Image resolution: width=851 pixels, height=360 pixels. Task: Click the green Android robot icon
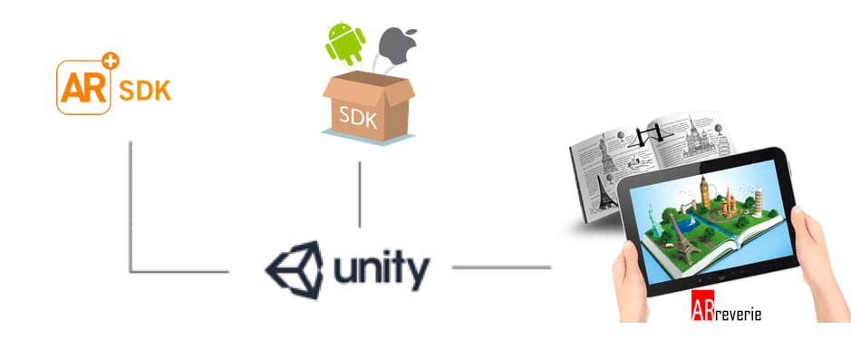pyautogui.click(x=344, y=44)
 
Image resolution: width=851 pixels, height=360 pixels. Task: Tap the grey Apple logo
pyautogui.click(x=398, y=46)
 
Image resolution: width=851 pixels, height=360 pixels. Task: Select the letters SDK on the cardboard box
pyautogui.click(x=358, y=116)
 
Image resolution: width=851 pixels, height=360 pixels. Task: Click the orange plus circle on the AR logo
pyautogui.click(x=111, y=60)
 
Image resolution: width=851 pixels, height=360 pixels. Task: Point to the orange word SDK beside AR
pyautogui.click(x=145, y=91)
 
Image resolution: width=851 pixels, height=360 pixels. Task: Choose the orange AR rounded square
pyautogui.click(x=83, y=87)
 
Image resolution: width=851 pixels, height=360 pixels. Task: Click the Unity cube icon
pyautogui.click(x=294, y=270)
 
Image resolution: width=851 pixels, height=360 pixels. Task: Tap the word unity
pyautogui.click(x=382, y=270)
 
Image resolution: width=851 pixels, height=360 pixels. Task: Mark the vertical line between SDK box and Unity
pyautogui.click(x=359, y=194)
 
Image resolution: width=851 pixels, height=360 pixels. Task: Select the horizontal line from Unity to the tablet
pyautogui.click(x=501, y=268)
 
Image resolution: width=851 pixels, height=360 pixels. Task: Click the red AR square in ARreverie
pyautogui.click(x=702, y=306)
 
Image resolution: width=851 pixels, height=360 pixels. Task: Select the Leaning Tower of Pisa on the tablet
pyautogui.click(x=757, y=201)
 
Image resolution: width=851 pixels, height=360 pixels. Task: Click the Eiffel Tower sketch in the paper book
pyautogui.click(x=607, y=193)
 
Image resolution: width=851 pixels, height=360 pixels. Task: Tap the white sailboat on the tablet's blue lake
pyautogui.click(x=692, y=220)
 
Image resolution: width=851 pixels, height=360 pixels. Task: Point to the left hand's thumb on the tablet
pyautogui.click(x=630, y=257)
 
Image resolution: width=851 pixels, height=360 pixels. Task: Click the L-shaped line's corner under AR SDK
pyautogui.click(x=131, y=270)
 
